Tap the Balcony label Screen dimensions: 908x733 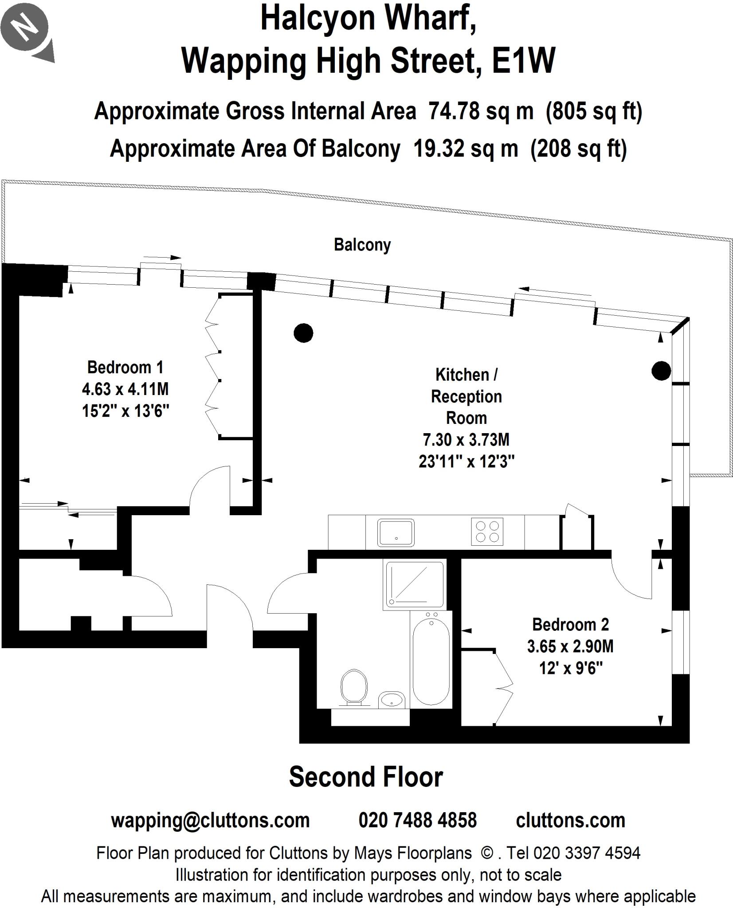click(362, 245)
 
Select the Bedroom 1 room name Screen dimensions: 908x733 click(125, 368)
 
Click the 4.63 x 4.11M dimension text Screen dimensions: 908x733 click(125, 389)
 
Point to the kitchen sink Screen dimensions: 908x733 click(396, 532)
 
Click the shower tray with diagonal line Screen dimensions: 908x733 click(414, 584)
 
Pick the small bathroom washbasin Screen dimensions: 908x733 click(392, 700)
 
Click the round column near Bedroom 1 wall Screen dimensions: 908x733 click(303, 333)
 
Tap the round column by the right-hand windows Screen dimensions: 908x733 click(661, 371)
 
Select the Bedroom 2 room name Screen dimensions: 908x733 click(570, 625)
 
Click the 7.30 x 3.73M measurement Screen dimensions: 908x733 click(466, 440)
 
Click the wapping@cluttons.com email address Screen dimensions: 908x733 click(210, 821)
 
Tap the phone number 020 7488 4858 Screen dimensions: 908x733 click(417, 821)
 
